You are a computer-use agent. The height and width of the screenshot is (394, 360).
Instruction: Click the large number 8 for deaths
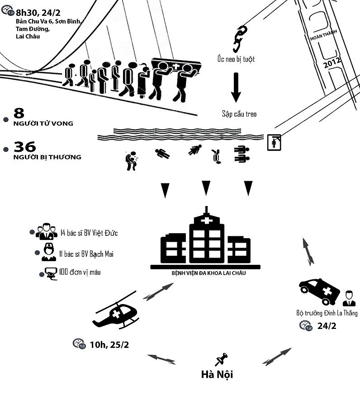coord(19,113)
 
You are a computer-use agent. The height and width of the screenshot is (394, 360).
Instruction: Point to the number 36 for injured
coord(25,147)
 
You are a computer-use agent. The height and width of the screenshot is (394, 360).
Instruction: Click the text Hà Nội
coord(218,375)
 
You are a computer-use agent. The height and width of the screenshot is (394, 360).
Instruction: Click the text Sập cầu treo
coord(239,114)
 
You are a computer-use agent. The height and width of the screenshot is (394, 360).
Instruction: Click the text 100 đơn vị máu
coord(80,272)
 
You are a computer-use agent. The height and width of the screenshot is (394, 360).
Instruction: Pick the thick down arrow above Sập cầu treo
coord(236,87)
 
